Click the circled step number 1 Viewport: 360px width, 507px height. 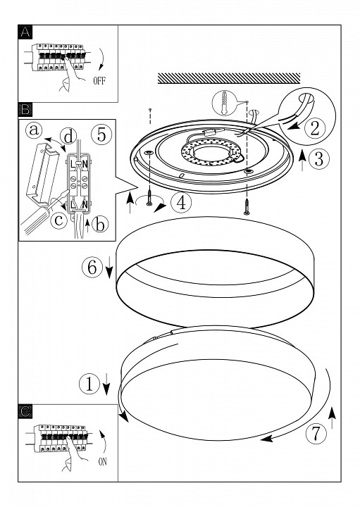(x=89, y=384)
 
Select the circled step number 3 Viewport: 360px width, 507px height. (x=319, y=159)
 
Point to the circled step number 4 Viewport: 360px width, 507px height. (x=181, y=203)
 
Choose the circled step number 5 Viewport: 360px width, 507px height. (x=101, y=134)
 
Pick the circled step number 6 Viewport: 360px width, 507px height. (x=92, y=267)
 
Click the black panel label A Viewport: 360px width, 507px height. (x=25, y=32)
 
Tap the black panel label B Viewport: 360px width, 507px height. (x=25, y=110)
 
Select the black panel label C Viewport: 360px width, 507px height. (x=25, y=411)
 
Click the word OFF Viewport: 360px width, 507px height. (x=99, y=80)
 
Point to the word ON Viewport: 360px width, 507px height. (x=103, y=462)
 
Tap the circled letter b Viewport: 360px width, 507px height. (x=100, y=224)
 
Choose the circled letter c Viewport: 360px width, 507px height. (x=59, y=220)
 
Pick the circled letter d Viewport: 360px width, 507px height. (x=68, y=137)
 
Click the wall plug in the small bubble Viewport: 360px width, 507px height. (x=223, y=103)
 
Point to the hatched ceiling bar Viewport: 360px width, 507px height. (x=229, y=78)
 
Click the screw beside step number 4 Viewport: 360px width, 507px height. (x=149, y=198)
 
